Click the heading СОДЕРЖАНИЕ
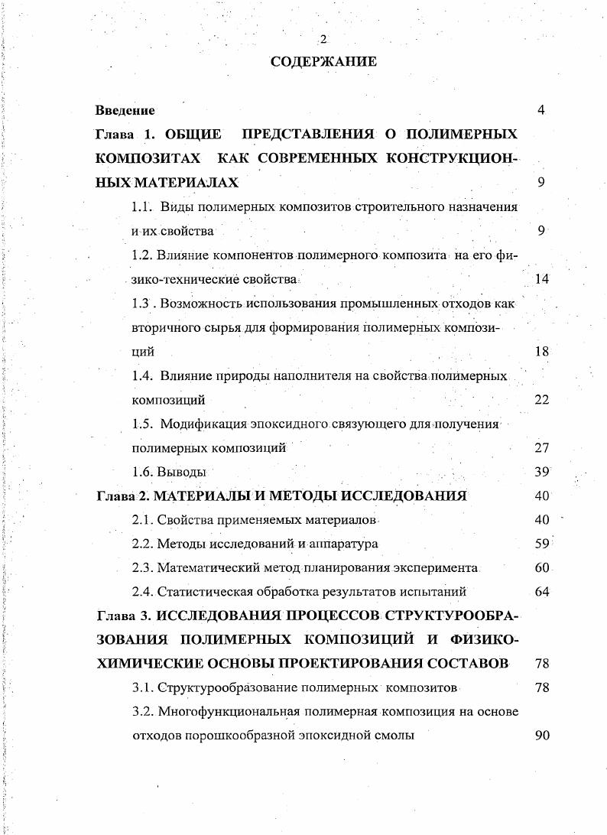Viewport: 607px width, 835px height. pyautogui.click(x=323, y=62)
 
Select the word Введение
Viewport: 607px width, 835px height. pyautogui.click(x=125, y=111)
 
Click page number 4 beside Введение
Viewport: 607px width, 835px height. pyautogui.click(x=541, y=111)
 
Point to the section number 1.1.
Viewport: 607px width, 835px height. pyautogui.click(x=142, y=206)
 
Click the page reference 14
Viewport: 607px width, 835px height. pyautogui.click(x=541, y=279)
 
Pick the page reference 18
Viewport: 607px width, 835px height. pyautogui.click(x=541, y=352)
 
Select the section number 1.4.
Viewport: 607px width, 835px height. pyautogui.click(x=142, y=376)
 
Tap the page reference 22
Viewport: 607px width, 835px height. pyautogui.click(x=541, y=400)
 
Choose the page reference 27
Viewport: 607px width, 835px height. pyautogui.click(x=541, y=448)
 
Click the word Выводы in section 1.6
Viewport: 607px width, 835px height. pyautogui.click(x=181, y=473)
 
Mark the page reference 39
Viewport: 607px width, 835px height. pyautogui.click(x=541, y=473)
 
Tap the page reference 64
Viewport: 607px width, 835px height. pyautogui.click(x=541, y=591)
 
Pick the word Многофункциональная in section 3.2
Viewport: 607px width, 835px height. pyautogui.click(x=229, y=712)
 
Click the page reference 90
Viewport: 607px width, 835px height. pyautogui.click(x=541, y=736)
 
